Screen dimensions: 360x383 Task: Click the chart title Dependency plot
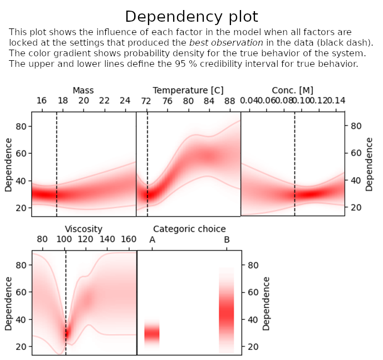191,16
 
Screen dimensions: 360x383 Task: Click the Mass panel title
83,90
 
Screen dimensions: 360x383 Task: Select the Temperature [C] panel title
188,90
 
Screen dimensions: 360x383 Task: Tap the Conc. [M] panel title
292,90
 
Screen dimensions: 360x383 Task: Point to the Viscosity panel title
84,228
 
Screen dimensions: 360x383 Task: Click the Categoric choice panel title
189,228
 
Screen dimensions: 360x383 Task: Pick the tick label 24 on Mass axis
125,101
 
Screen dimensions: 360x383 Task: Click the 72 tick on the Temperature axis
146,101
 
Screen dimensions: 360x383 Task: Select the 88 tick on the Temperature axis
230,101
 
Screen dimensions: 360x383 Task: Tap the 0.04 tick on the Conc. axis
249,101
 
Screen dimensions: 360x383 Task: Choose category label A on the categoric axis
152,240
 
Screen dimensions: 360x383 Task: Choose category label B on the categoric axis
227,240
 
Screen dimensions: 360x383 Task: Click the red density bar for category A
152,333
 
